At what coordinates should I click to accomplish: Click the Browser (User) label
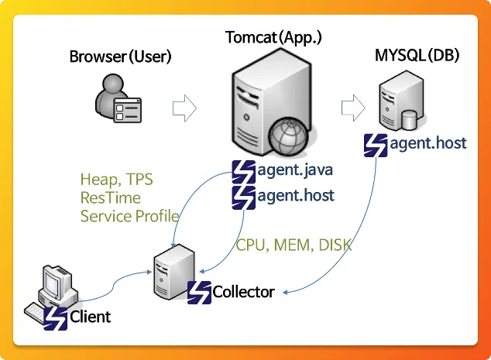pyautogui.click(x=120, y=57)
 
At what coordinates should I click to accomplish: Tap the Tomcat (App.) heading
pyautogui.click(x=273, y=36)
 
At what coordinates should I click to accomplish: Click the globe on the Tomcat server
pyautogui.click(x=290, y=139)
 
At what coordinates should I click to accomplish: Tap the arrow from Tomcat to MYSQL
pyautogui.click(x=352, y=107)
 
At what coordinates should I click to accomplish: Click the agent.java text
pyautogui.click(x=295, y=170)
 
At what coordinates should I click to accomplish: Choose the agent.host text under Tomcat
pyautogui.click(x=295, y=195)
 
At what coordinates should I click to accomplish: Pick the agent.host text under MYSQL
pyautogui.click(x=427, y=143)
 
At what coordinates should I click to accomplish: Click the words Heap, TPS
pyautogui.click(x=116, y=180)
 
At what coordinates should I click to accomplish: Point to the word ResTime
pyautogui.click(x=111, y=198)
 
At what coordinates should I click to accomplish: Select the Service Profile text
pyautogui.click(x=129, y=216)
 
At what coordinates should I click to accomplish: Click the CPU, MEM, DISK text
pyautogui.click(x=294, y=245)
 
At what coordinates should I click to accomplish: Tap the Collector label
pyautogui.click(x=243, y=292)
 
